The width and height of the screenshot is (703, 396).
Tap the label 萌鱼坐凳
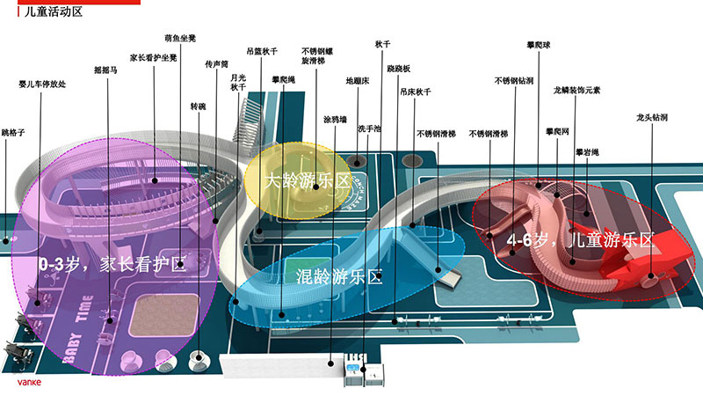click(180, 39)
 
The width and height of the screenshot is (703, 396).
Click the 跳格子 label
click(13, 132)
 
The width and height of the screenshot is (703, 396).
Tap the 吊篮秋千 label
click(261, 51)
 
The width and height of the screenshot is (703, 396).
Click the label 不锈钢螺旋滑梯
click(319, 56)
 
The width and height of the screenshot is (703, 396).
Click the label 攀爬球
click(539, 44)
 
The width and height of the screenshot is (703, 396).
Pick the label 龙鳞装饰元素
click(576, 90)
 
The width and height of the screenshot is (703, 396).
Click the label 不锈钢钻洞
click(513, 80)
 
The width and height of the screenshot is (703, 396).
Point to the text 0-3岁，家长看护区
click(113, 262)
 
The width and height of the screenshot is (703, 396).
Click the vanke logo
click(28, 383)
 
